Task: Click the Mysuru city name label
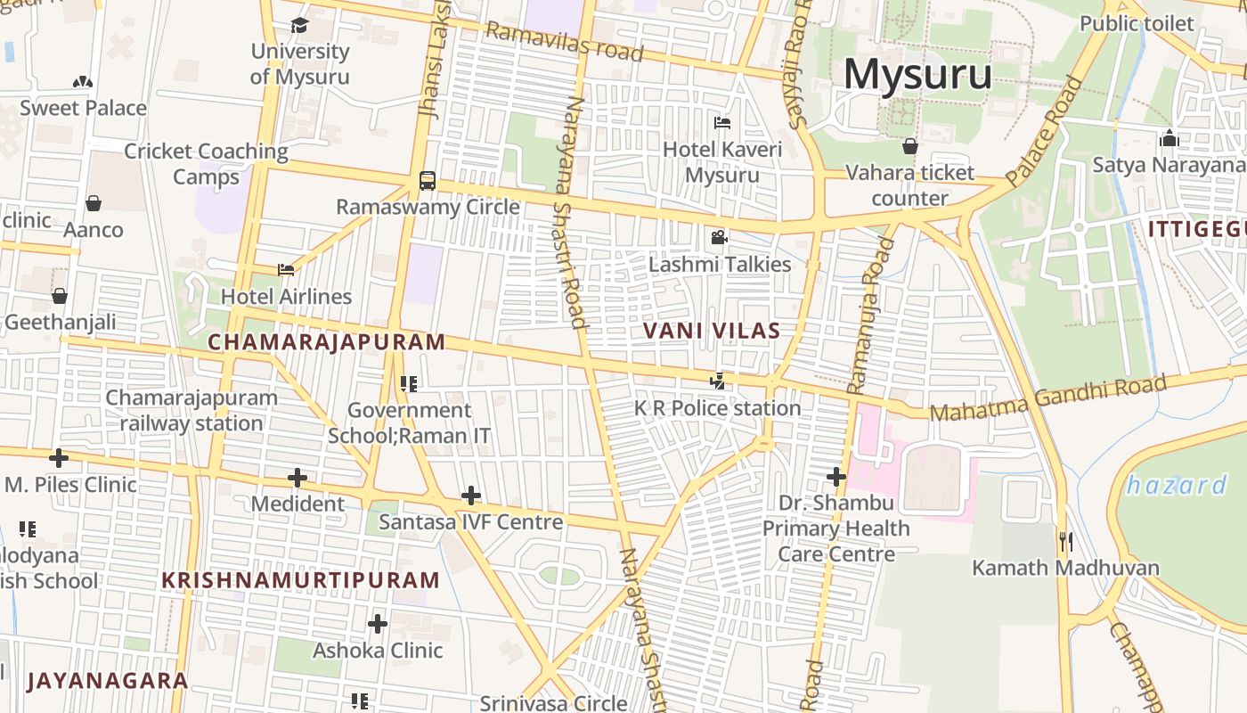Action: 917,74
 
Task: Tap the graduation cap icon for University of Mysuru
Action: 299,26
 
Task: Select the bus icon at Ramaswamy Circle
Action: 428,181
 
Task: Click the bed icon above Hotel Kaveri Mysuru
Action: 722,123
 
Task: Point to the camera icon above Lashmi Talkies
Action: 719,238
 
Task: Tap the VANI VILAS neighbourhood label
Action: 711,331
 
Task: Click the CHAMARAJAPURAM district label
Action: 326,342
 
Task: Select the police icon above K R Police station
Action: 717,381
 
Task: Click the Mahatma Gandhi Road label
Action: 1047,399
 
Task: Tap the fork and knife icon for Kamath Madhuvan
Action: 1065,541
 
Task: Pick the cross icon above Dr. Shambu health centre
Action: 835,477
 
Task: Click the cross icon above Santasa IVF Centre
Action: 471,496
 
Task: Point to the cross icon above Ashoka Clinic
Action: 378,624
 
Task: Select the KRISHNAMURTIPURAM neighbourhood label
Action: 301,580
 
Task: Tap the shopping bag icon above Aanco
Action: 94,203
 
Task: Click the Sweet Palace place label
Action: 83,108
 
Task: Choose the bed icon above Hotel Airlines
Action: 286,270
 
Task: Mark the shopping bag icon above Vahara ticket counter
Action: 909,146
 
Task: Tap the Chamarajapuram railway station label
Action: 192,410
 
